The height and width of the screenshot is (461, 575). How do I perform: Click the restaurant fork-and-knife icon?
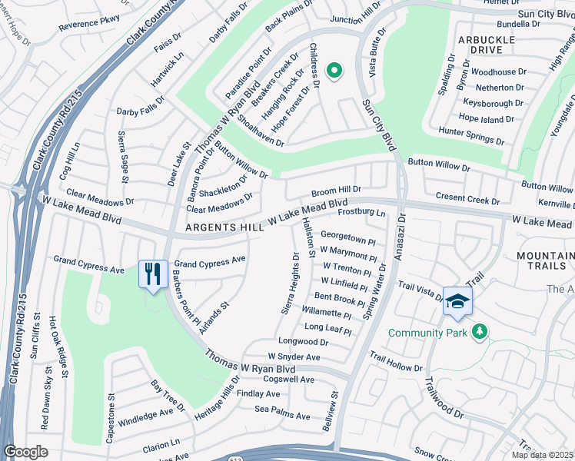[x=153, y=273]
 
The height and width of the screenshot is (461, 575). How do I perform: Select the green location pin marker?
[x=334, y=71]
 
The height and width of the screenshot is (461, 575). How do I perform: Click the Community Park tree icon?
[x=480, y=331]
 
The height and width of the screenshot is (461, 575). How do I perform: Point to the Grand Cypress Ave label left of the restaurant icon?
[x=88, y=270]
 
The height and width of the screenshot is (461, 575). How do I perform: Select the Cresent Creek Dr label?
[x=467, y=198]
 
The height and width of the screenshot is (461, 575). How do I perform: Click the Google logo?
[x=26, y=452]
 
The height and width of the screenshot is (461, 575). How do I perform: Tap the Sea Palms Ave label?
[x=282, y=416]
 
